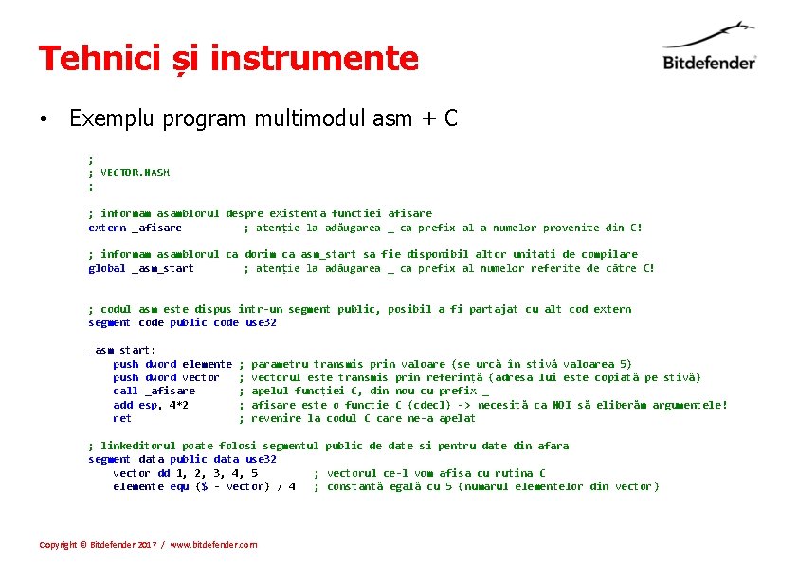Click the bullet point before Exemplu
[44, 119]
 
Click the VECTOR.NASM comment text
[135, 173]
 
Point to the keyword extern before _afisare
[106, 228]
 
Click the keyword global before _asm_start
[106, 268]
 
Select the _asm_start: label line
[122, 350]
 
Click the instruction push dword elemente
[172, 364]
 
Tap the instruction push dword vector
[166, 377]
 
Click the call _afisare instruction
[154, 391]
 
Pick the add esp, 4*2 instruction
[150, 405]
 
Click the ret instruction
[122, 418]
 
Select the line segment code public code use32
[182, 322]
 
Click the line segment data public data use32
[182, 459]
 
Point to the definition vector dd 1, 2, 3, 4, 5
[185, 473]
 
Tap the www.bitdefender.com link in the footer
[213, 545]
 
